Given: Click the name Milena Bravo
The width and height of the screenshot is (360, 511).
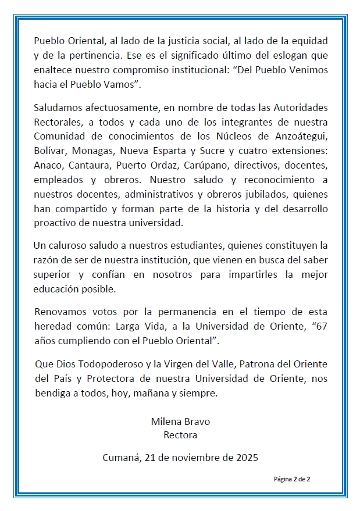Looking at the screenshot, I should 181,421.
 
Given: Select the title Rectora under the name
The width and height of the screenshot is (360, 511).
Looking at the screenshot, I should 181,434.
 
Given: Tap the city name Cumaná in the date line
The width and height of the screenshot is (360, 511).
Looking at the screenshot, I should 121,458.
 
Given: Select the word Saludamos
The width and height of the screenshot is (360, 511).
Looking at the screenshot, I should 58,108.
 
